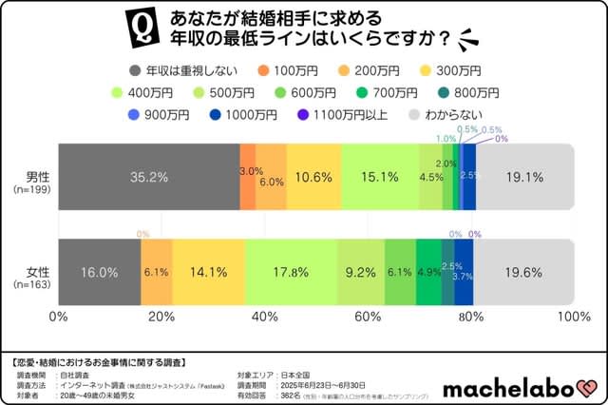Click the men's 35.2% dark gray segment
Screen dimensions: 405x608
click(149, 177)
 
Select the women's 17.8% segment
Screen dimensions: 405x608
click(292, 272)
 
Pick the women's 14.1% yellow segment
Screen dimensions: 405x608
click(209, 272)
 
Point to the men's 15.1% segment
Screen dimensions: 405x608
click(379, 177)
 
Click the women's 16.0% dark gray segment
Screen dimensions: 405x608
click(100, 272)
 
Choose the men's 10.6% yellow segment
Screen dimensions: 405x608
click(313, 177)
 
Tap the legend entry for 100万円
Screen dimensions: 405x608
click(291, 71)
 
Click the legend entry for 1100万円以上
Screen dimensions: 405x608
click(341, 115)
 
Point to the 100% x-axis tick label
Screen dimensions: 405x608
click(573, 317)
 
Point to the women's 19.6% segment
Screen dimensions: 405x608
click(524, 272)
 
